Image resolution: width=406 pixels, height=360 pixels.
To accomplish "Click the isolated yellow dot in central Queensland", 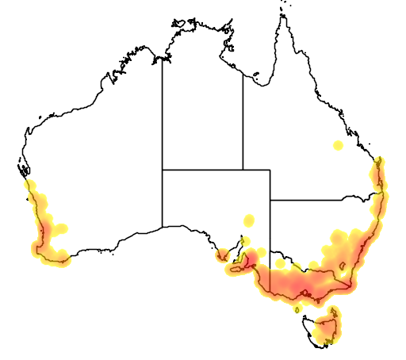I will (338, 145).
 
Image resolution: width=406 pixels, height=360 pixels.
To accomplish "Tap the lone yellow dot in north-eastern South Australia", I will (250, 220).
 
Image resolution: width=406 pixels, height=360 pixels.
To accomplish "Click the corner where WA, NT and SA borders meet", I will (163, 169).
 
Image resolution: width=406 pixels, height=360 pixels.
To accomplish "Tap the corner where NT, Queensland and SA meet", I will (243, 169).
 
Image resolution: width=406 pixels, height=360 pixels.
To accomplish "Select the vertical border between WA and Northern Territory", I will (163, 119).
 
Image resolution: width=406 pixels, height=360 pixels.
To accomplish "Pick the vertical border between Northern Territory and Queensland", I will (243, 127).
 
